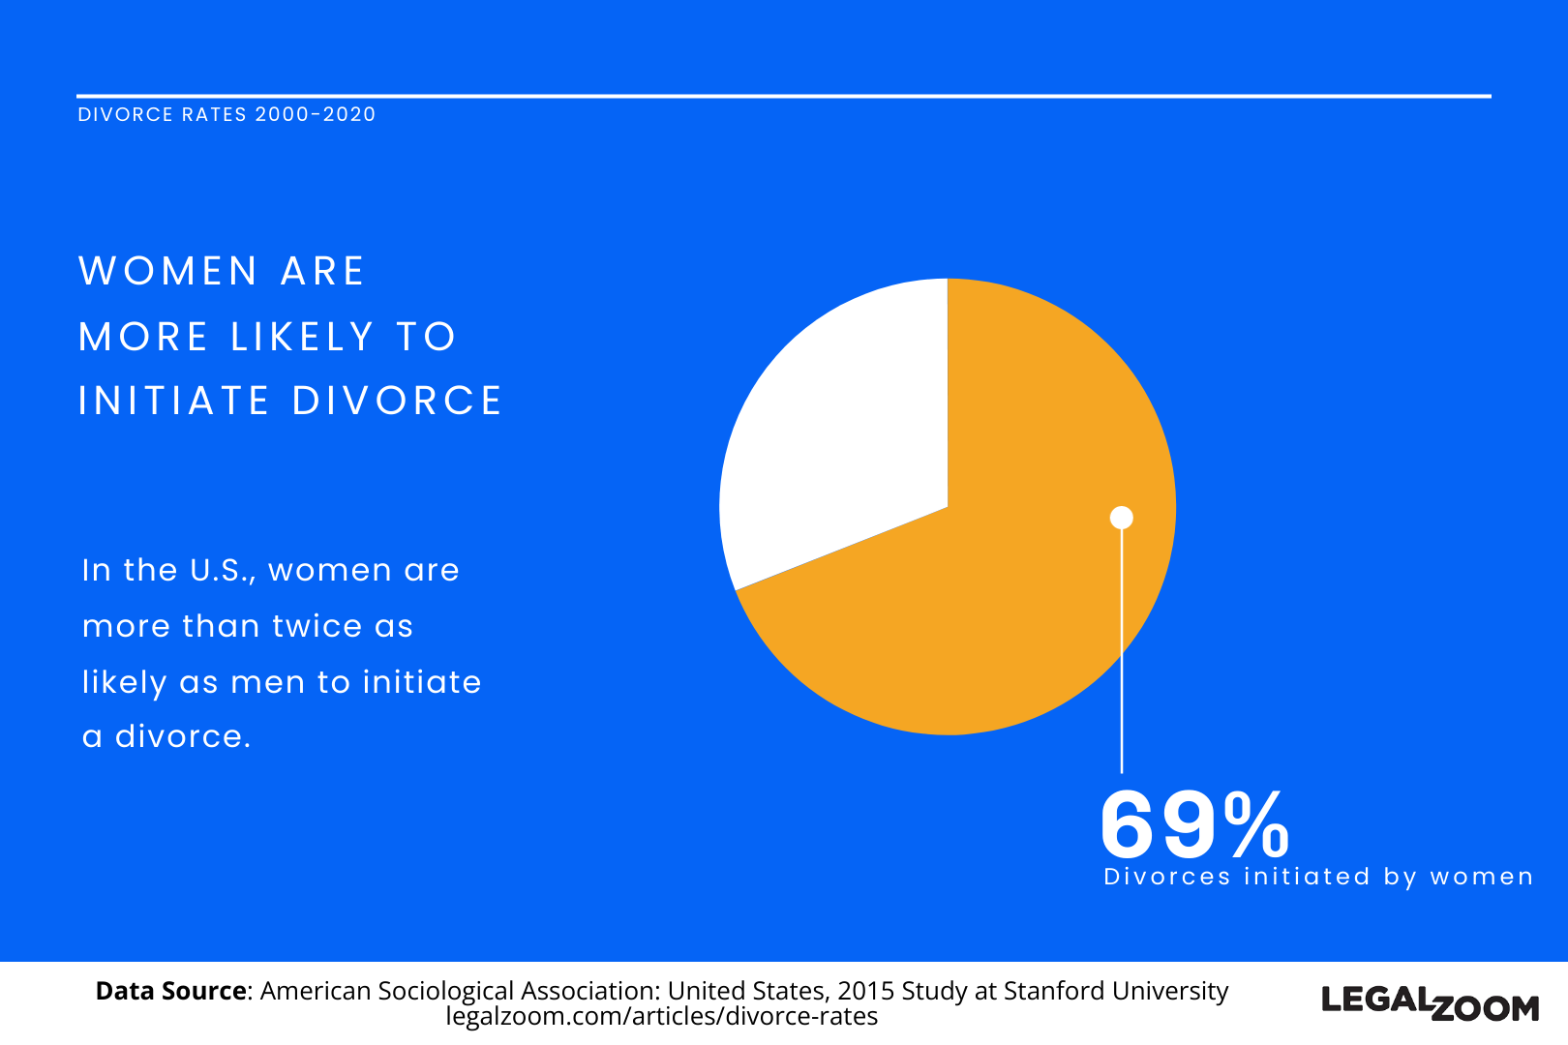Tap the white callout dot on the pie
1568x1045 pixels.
coord(1121,518)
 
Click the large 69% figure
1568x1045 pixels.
coord(1194,824)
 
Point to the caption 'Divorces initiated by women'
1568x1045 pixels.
coord(1318,877)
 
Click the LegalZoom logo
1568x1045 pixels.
coord(1430,1003)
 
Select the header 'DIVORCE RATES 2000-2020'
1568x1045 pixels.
coord(226,114)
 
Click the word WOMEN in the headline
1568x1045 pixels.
coord(168,271)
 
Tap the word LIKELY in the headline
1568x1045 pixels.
coord(303,337)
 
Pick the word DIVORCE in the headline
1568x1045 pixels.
coord(397,401)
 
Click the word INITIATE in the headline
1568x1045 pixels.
coord(174,401)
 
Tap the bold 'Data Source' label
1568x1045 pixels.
coord(171,991)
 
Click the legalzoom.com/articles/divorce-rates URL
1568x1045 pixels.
coord(662,1017)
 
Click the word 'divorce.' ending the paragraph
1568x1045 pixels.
coord(183,736)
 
